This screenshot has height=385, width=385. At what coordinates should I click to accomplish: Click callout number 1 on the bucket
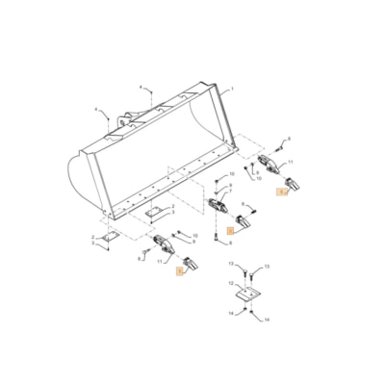point(232,89)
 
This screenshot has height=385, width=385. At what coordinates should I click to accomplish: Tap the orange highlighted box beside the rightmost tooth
point(281,192)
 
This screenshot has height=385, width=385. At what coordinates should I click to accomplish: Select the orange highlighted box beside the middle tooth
point(230,231)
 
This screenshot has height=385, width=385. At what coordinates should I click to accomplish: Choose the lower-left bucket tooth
point(192,265)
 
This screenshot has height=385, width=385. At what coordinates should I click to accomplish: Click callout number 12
point(231,283)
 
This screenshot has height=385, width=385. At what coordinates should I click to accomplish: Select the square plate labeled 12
point(249,290)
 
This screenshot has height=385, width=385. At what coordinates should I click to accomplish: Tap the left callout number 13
point(231,262)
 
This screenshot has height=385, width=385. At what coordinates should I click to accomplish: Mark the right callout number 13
point(267,265)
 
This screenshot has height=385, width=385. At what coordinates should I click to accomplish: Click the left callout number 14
point(231,313)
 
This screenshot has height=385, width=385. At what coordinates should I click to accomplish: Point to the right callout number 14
point(267,319)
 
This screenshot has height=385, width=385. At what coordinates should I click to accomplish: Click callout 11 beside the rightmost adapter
point(291,163)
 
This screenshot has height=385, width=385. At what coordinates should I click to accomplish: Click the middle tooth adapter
point(217,204)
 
